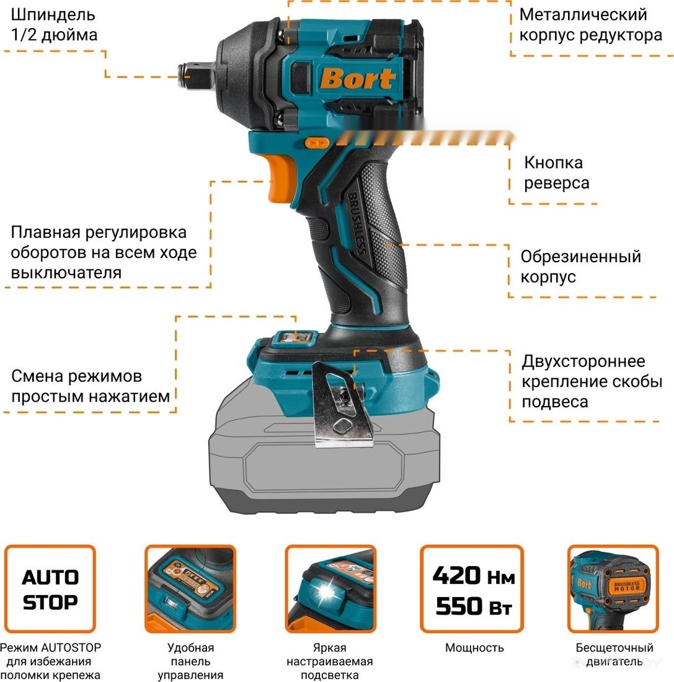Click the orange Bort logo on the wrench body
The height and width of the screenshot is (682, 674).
tap(358, 78)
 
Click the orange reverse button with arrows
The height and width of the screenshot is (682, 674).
tap(317, 143)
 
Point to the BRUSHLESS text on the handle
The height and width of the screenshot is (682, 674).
tap(356, 223)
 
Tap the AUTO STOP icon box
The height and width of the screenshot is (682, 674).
tap(50, 589)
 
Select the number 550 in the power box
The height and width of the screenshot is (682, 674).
tap(459, 606)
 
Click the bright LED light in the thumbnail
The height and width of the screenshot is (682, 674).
tap(326, 591)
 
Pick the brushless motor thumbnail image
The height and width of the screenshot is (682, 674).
tap(613, 589)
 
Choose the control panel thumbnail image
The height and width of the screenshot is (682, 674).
tap(190, 589)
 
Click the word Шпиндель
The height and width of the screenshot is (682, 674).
tap(53, 15)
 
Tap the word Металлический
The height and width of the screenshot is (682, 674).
tap(583, 15)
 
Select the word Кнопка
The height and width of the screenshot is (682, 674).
tap(553, 162)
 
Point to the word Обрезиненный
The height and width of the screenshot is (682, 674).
tap(581, 257)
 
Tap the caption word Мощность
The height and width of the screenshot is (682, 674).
tap(474, 648)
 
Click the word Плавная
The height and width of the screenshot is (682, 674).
tap(46, 232)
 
